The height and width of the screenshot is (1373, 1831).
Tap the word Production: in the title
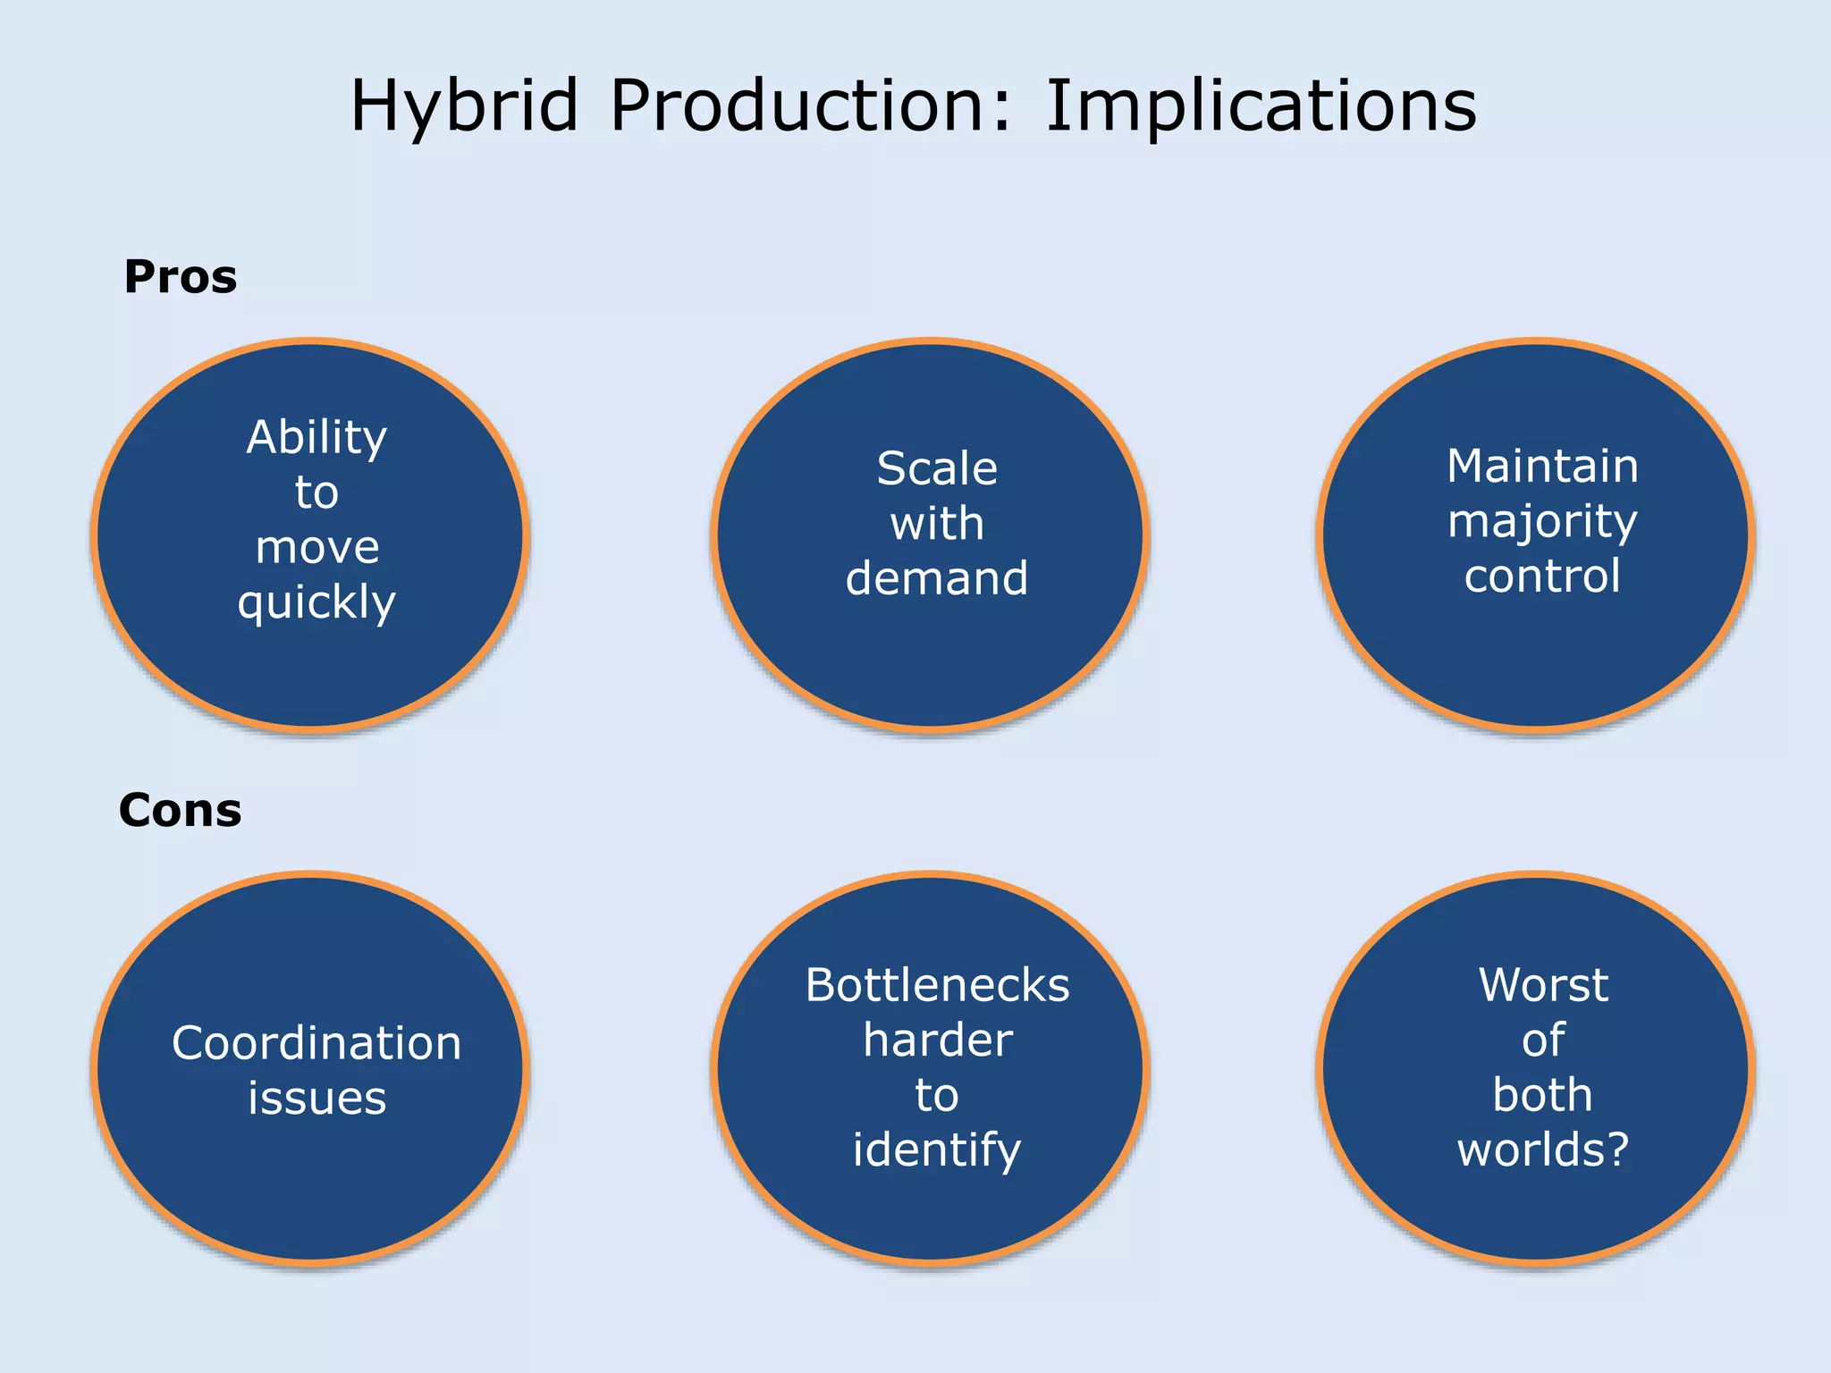[x=810, y=105]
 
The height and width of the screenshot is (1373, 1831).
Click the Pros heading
[x=180, y=276]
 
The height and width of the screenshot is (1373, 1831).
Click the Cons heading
[x=180, y=810]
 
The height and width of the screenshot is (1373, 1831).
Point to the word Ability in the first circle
[x=316, y=438]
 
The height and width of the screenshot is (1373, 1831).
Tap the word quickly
[x=316, y=602]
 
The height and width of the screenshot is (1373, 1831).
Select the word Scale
[x=937, y=468]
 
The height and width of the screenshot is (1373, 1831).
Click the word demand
[x=937, y=578]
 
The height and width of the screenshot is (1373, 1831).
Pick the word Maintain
[x=1542, y=466]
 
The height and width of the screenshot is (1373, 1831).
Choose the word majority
[x=1542, y=522]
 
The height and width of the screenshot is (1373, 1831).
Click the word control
[x=1542, y=576]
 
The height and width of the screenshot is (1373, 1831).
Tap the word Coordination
[x=316, y=1043]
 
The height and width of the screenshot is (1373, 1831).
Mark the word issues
[x=316, y=1098]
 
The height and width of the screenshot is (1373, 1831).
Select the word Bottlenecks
[x=937, y=985]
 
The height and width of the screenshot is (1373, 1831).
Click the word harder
[x=937, y=1040]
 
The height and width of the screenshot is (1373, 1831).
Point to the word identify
[x=937, y=1150]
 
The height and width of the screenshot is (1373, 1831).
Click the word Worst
[x=1543, y=985]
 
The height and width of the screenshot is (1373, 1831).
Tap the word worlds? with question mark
[x=1543, y=1150]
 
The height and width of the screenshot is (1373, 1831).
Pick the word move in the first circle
[x=316, y=547]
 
